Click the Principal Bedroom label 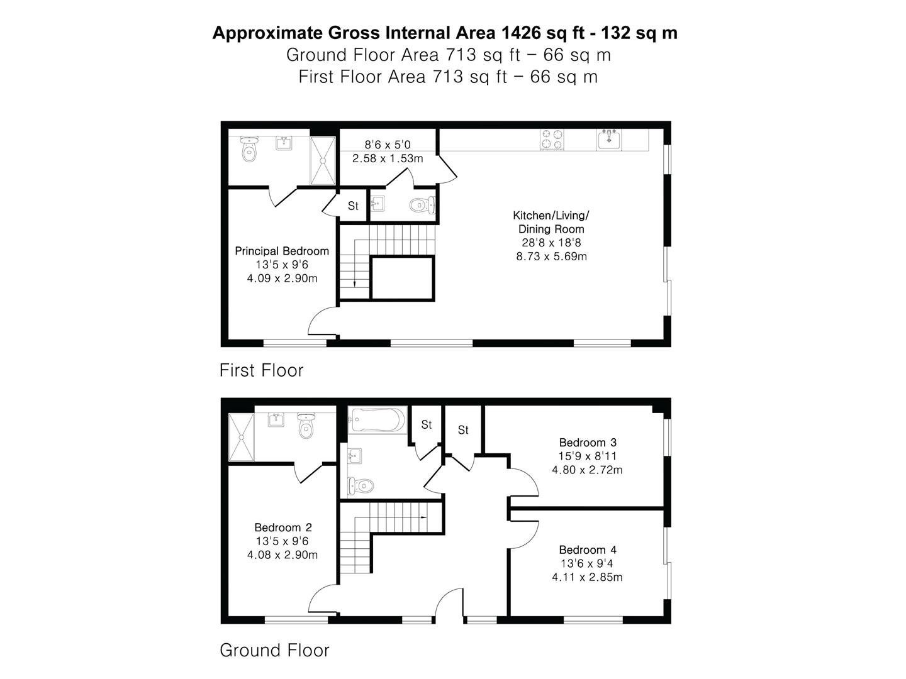click(x=281, y=251)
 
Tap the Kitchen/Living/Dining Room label click(x=551, y=222)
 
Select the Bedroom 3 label click(x=588, y=443)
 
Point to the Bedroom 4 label click(x=588, y=549)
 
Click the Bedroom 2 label click(x=282, y=527)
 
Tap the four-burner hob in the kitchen click(x=552, y=140)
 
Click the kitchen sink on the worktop click(x=609, y=140)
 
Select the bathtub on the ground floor click(x=377, y=420)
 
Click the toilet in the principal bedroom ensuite click(x=249, y=149)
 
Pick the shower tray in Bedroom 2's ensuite click(x=242, y=438)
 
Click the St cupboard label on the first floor click(x=353, y=206)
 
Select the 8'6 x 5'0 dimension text click(x=388, y=145)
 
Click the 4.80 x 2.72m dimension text click(x=588, y=470)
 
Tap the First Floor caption click(x=261, y=370)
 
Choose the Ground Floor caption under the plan click(x=274, y=650)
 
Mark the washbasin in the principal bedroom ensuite click(x=284, y=143)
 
